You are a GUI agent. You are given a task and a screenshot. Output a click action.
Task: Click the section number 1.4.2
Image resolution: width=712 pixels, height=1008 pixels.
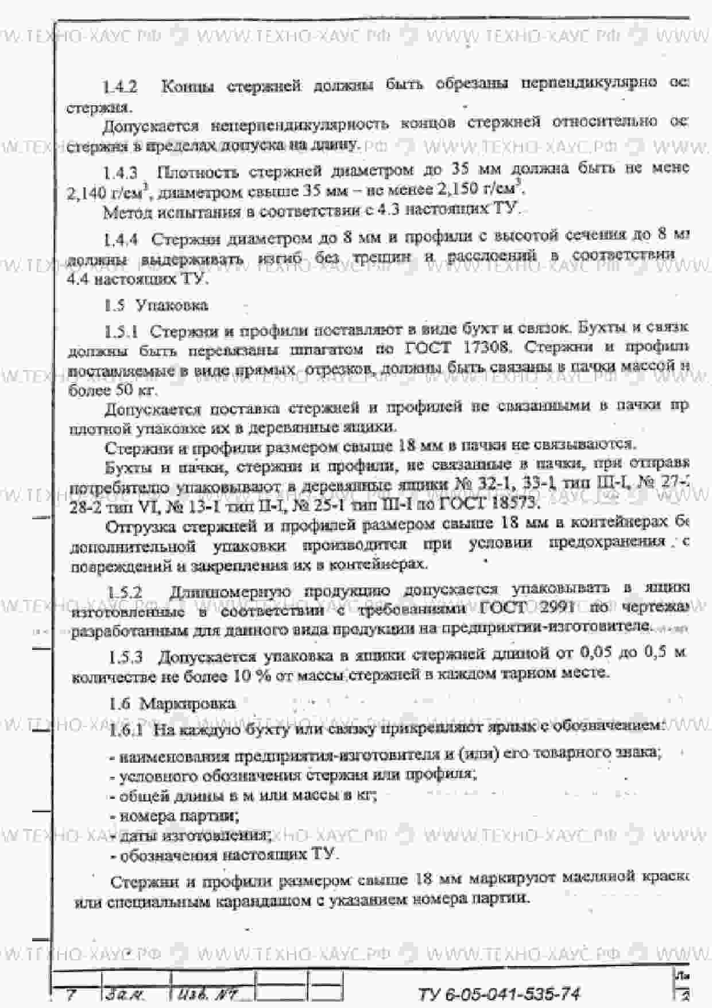click(x=120, y=87)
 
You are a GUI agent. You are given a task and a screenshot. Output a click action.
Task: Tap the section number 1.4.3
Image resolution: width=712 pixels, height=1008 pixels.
click(x=120, y=172)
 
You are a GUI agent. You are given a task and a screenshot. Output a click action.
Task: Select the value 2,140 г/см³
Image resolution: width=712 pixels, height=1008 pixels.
click(x=109, y=193)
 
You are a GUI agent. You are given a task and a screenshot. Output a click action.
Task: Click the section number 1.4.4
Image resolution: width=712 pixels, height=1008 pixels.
click(x=120, y=239)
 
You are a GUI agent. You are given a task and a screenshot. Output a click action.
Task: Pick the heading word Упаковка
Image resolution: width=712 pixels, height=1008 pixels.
click(x=172, y=305)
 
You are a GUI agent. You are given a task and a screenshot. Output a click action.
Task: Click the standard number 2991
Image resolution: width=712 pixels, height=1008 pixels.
click(x=554, y=608)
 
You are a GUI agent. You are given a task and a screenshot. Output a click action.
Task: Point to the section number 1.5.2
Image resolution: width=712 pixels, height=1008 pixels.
click(x=125, y=592)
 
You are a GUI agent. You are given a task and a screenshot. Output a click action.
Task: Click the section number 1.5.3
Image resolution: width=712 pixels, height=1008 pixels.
click(x=126, y=656)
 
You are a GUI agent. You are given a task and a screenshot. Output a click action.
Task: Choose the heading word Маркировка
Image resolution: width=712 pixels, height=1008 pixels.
click(x=187, y=704)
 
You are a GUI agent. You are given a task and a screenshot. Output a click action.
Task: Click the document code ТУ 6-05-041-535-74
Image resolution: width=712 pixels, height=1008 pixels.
click(x=498, y=994)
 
